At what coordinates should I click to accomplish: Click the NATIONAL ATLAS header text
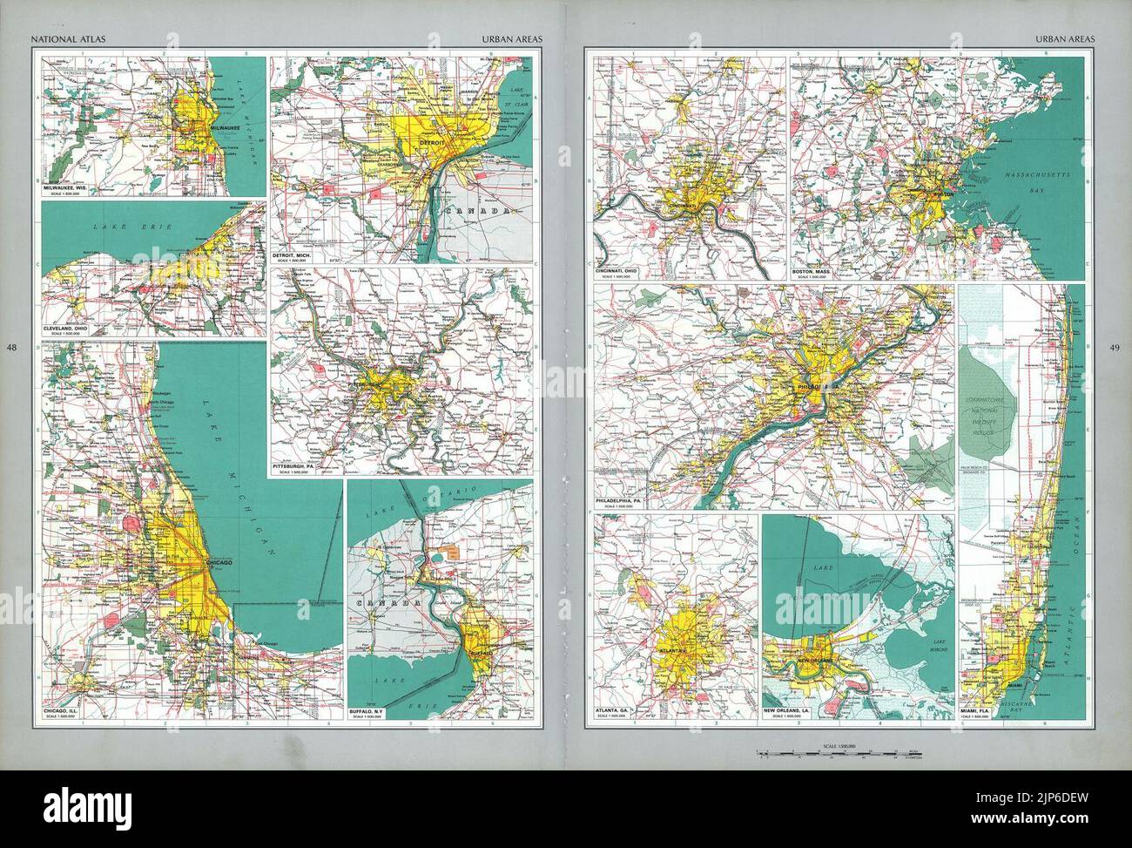tap(58, 39)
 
